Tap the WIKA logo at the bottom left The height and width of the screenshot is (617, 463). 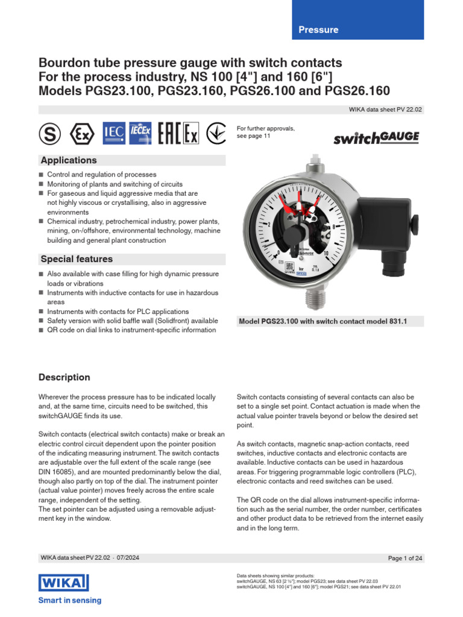tap(63, 583)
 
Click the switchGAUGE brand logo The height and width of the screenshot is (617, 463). tap(376, 138)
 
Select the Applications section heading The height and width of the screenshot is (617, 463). tap(68, 160)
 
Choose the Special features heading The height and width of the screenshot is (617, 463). tap(76, 259)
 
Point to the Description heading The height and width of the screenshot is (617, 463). tap(64, 377)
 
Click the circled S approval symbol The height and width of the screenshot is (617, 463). tap(50, 134)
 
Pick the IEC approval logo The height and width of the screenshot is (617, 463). tap(114, 134)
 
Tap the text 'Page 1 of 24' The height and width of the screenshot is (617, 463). tap(405, 559)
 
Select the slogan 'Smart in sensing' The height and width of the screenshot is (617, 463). tap(70, 600)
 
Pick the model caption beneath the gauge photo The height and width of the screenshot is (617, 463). tap(323, 322)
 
